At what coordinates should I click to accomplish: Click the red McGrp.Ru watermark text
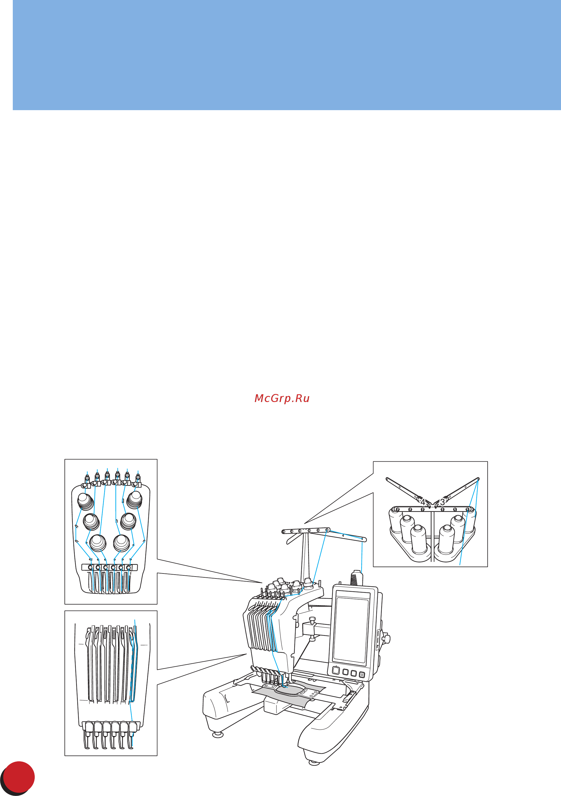point(282,399)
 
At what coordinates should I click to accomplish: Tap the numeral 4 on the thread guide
point(422,502)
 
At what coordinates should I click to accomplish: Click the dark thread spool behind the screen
point(356,578)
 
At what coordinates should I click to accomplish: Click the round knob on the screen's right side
point(386,638)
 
